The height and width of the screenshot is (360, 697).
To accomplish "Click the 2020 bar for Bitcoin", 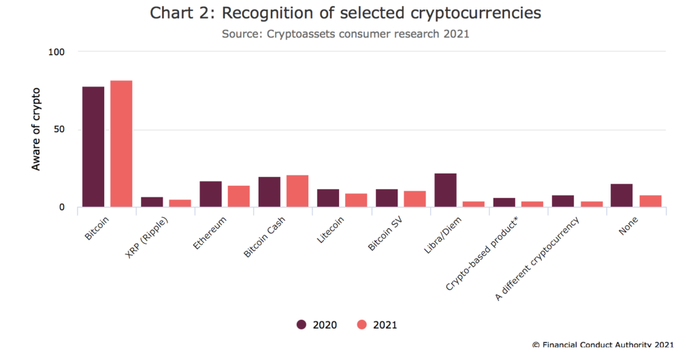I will [x=93, y=147].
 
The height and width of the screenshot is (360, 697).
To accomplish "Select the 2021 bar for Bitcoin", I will [x=121, y=144].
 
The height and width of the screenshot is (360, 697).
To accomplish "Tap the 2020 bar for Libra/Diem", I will [x=445, y=190].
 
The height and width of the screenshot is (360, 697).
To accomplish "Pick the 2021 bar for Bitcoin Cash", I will [x=297, y=191].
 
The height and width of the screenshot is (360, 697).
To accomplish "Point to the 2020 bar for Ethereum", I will [x=210, y=194].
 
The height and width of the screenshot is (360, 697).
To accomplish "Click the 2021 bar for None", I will [x=650, y=201].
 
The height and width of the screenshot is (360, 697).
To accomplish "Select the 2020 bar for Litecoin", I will [x=328, y=197].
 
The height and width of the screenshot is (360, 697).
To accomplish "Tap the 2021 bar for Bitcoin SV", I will [x=415, y=199].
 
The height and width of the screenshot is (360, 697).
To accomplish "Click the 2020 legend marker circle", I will [x=302, y=325].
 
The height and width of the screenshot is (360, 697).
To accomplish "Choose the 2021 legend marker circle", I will [x=362, y=325].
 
